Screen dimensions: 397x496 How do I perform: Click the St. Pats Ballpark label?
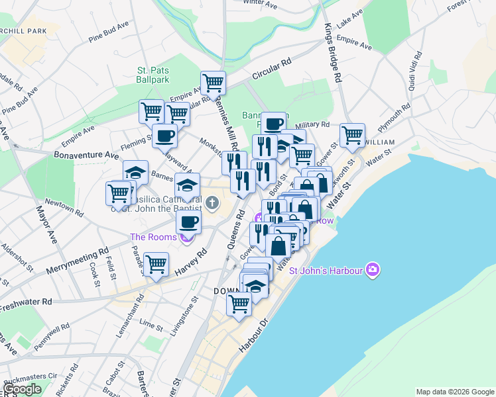[153, 74]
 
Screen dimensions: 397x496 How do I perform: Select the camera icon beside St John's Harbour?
[373, 270]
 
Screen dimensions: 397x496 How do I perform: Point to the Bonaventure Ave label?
[87, 155]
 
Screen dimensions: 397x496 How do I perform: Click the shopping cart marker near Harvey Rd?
[156, 265]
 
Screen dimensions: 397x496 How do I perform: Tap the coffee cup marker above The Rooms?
[189, 222]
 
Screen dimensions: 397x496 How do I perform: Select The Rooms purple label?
[153, 238]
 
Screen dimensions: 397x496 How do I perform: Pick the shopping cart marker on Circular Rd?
[214, 83]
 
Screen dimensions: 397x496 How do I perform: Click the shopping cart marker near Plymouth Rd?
[352, 136]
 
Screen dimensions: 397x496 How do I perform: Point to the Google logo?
[23, 389]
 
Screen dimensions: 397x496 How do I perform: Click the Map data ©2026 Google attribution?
[455, 392]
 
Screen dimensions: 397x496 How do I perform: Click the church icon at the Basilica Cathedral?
[212, 202]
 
